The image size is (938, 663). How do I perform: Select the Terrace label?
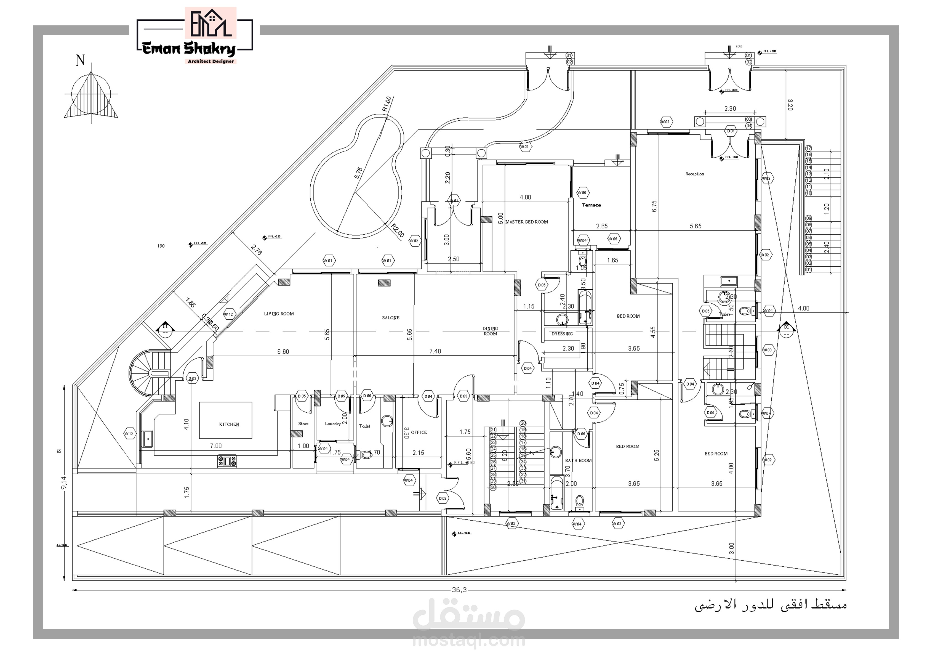591,205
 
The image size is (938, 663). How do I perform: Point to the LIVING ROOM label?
279,314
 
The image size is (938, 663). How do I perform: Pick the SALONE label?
391,318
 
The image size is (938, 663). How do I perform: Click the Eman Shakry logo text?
189,49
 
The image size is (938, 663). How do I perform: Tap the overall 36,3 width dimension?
459,590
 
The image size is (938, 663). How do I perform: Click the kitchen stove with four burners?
227,461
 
